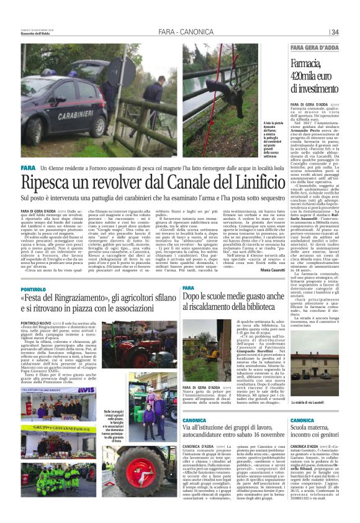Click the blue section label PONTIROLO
[x=33, y=289]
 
